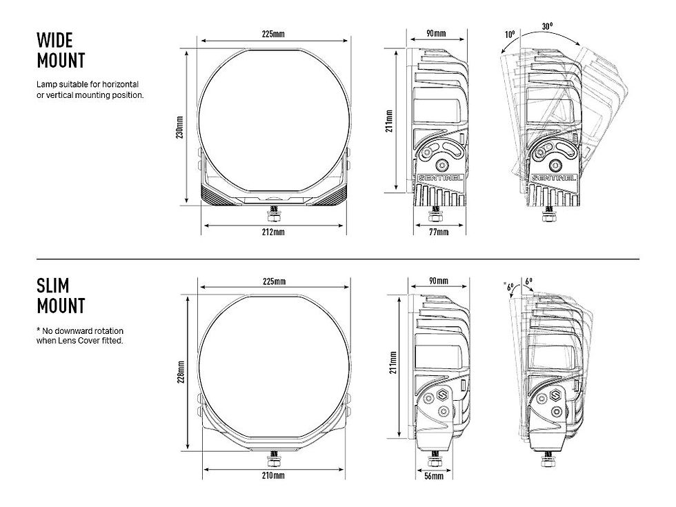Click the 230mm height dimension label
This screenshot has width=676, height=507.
(x=180, y=127)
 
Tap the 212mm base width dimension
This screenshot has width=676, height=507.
(x=273, y=232)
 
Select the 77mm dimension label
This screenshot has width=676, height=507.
(x=439, y=232)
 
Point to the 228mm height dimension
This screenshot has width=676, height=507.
(x=181, y=372)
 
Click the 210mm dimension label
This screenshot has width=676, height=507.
(x=273, y=475)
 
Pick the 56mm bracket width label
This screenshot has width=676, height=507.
(x=434, y=476)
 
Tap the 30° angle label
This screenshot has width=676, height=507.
(x=547, y=26)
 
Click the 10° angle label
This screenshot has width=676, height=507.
(x=510, y=34)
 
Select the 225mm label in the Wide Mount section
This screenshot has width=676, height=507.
(x=273, y=34)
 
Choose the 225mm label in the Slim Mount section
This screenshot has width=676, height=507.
(x=275, y=281)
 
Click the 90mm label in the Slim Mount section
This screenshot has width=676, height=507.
(x=439, y=281)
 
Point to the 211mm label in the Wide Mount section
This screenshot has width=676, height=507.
(x=389, y=121)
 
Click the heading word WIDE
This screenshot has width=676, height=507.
(x=54, y=40)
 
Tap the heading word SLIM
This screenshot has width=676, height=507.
(x=52, y=286)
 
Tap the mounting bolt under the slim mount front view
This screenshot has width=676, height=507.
(x=273, y=458)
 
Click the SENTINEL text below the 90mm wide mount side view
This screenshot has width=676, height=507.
(x=441, y=178)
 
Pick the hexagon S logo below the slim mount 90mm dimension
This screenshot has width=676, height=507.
(x=442, y=395)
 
